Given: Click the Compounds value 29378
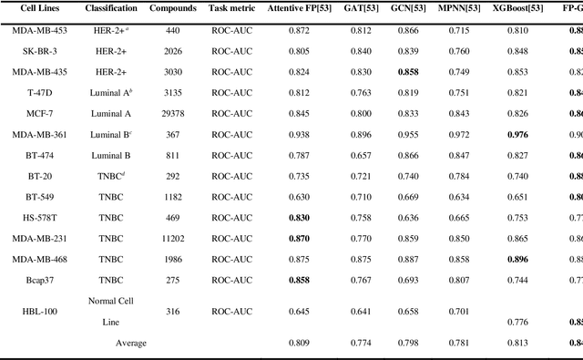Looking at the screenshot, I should (173, 113).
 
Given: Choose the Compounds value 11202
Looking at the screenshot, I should (173, 239).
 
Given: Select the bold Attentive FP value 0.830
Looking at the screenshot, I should (298, 218).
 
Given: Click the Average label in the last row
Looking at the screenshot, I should (131, 343).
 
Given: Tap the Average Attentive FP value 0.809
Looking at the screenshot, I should (298, 343).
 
